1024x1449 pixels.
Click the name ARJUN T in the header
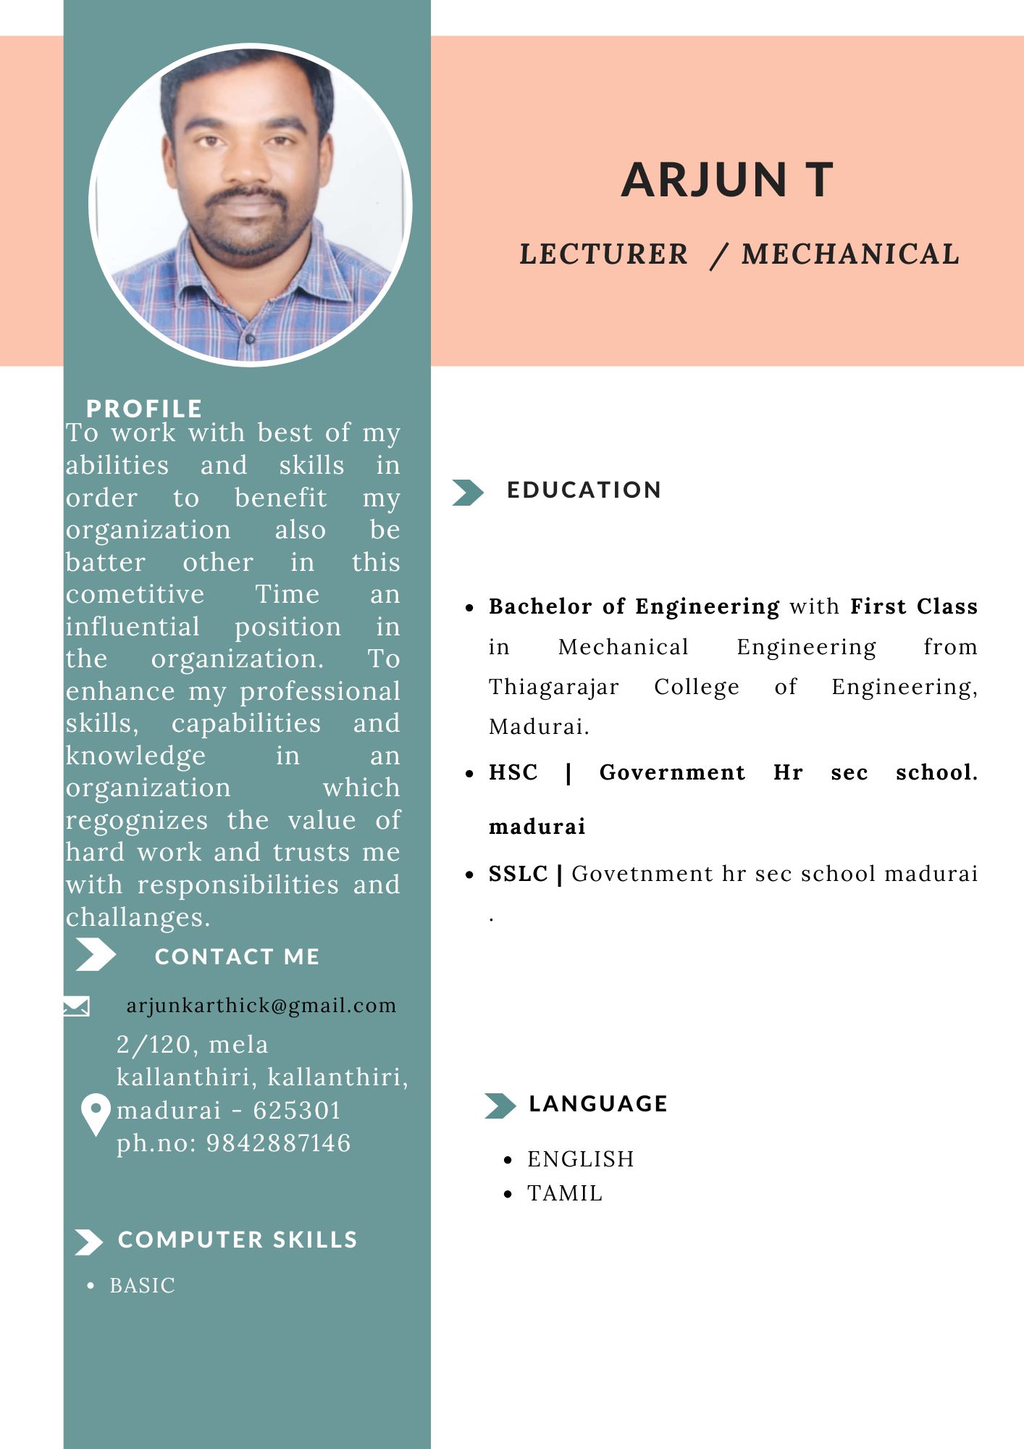pyautogui.click(x=727, y=180)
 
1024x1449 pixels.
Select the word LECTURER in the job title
pyautogui.click(x=603, y=254)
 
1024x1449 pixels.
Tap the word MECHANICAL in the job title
pyautogui.click(x=850, y=254)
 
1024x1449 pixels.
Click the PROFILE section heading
pyautogui.click(x=144, y=409)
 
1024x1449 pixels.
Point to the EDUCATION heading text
pyautogui.click(x=584, y=490)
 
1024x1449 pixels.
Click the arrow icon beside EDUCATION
pyautogui.click(x=467, y=492)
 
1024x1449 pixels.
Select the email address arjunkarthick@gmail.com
pyautogui.click(x=261, y=1006)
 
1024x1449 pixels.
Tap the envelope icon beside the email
pyautogui.click(x=76, y=1006)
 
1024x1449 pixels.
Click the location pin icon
pyautogui.click(x=96, y=1114)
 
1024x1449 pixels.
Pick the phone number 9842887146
pyautogui.click(x=279, y=1143)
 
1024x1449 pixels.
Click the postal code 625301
pyautogui.click(x=297, y=1110)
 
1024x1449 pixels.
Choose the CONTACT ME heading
pyautogui.click(x=237, y=956)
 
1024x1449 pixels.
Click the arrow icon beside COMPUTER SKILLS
pyautogui.click(x=89, y=1242)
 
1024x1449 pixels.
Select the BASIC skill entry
pyautogui.click(x=143, y=1285)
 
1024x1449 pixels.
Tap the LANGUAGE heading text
pyautogui.click(x=598, y=1103)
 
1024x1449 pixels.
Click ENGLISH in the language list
pyautogui.click(x=580, y=1159)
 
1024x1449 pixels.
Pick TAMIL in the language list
pyautogui.click(x=565, y=1193)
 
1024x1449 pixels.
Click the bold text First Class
pyautogui.click(x=914, y=606)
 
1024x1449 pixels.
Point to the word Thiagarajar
pyautogui.click(x=554, y=686)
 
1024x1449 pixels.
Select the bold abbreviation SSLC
pyautogui.click(x=519, y=874)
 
